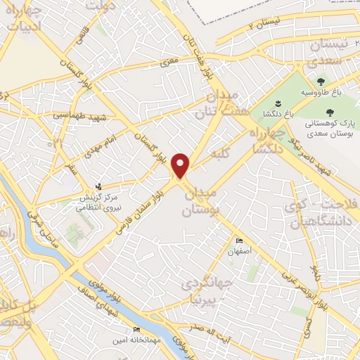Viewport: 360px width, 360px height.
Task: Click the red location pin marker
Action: coord(181,165)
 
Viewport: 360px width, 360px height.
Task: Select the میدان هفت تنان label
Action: coord(225,103)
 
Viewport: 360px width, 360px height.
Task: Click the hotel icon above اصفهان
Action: coord(239,241)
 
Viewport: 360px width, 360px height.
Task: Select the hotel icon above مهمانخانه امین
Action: coord(136,329)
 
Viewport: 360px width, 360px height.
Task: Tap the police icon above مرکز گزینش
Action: coord(98,187)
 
